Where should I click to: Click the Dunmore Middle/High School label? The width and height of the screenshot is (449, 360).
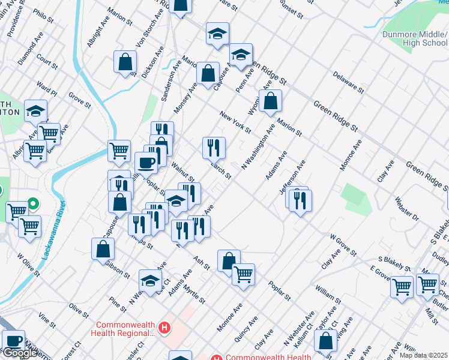415,38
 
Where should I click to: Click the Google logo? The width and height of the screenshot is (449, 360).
20,353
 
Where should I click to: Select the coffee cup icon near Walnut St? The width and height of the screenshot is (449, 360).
146,162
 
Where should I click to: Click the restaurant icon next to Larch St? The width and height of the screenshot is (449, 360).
213,146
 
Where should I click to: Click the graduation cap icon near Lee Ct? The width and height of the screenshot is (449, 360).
150,280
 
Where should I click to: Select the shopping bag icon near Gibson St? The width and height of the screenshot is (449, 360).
103,248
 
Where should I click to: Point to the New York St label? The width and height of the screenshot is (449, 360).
235,122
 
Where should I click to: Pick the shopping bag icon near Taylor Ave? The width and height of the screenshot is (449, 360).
325,340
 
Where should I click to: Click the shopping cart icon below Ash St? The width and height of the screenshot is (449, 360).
243,274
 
